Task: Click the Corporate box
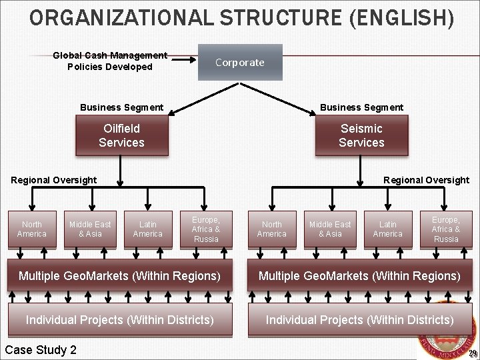[240, 62]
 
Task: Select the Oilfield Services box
[121, 135]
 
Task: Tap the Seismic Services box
[361, 135]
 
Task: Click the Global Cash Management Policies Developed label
[110, 61]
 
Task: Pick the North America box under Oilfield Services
[31, 229]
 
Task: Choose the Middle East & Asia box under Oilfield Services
[90, 229]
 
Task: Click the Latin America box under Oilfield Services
[148, 229]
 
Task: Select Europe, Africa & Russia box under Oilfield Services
[206, 229]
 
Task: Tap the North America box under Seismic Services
[271, 229]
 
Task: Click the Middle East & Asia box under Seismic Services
[329, 229]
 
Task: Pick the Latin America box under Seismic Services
[388, 229]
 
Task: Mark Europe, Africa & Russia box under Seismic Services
[445, 229]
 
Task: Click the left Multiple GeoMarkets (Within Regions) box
[119, 275]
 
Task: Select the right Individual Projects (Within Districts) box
[359, 320]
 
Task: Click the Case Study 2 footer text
[41, 350]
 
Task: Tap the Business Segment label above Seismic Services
[361, 107]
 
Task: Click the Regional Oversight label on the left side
[54, 180]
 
